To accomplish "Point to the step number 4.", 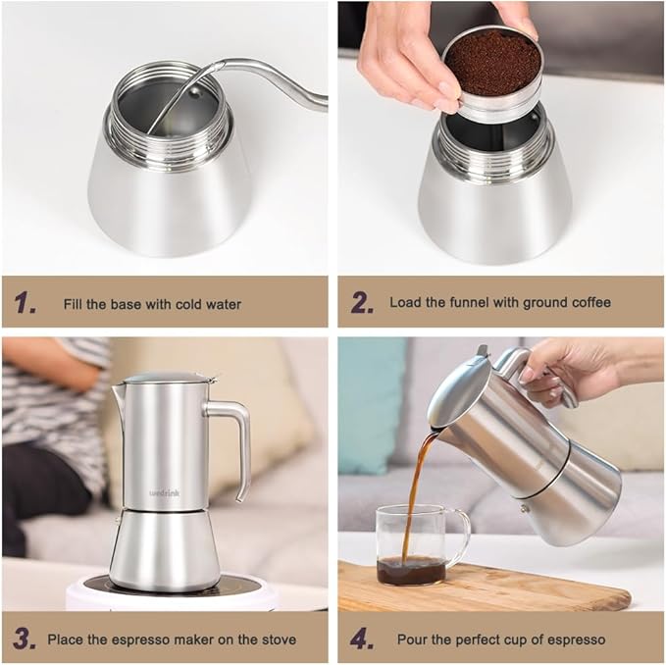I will pyautogui.click(x=362, y=639).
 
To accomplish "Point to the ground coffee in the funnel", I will pyautogui.click(x=491, y=63).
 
